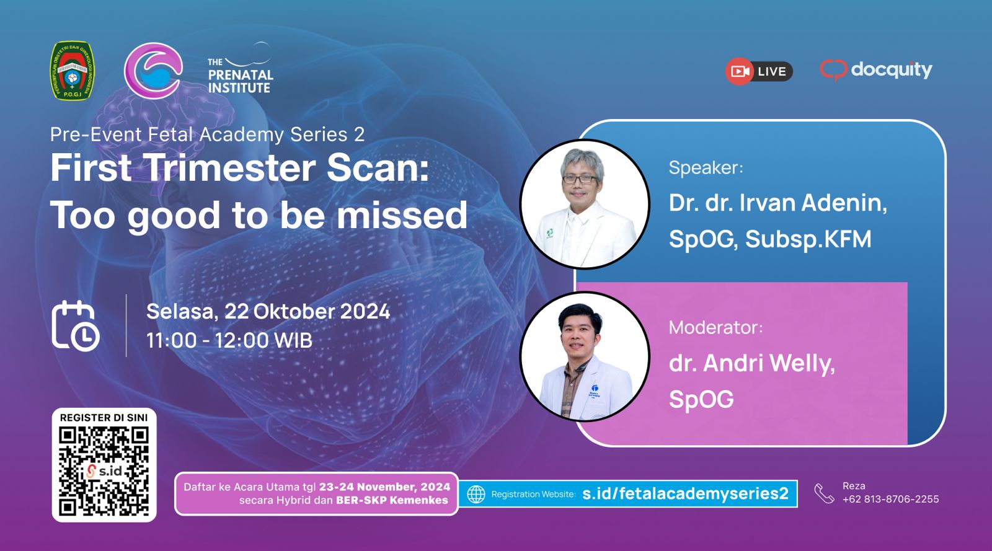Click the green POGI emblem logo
[72, 71]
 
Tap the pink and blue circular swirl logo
[153, 71]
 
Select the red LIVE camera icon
[739, 71]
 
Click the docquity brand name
[892, 70]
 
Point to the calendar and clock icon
[75, 326]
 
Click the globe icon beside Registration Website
[476, 494]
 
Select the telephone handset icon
[824, 493]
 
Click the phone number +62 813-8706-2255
[890, 499]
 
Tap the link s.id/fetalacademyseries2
[685, 493]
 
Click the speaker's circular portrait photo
[585, 204]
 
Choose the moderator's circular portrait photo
[585, 356]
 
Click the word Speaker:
[706, 168]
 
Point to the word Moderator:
[716, 327]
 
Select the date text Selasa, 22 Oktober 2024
[268, 311]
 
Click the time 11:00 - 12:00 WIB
[229, 340]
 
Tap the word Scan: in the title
[378, 168]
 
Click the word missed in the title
[402, 215]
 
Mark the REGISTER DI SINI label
[104, 418]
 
